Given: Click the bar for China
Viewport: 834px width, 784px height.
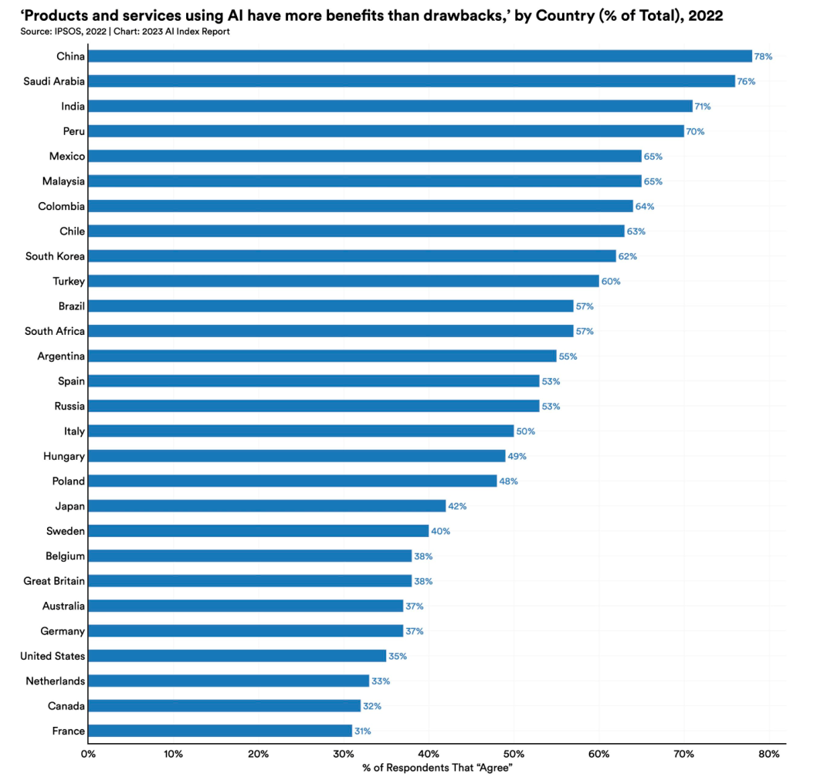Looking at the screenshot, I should click(420, 56).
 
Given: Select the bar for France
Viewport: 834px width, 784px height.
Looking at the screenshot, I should click(220, 731).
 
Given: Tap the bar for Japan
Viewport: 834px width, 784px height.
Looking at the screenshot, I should click(267, 506).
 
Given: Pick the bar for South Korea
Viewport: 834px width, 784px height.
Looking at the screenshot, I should click(352, 256).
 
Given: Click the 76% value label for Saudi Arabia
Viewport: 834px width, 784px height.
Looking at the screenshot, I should click(746, 81).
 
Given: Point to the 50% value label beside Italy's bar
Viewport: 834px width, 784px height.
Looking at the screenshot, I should click(525, 431).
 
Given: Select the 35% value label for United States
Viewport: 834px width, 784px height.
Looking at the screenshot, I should click(398, 656).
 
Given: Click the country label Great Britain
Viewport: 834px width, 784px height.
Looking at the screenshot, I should click(54, 581).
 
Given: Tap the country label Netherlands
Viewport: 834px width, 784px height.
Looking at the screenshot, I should click(55, 681).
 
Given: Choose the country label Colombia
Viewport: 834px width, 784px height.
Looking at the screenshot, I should click(61, 206).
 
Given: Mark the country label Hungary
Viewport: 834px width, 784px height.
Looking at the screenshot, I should click(64, 456).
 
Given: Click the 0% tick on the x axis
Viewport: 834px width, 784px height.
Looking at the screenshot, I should click(88, 753).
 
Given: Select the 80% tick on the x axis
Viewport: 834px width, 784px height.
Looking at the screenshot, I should click(769, 753).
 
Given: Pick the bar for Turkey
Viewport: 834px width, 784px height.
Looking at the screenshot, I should click(344, 281).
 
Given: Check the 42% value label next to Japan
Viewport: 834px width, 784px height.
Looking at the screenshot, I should click(457, 506).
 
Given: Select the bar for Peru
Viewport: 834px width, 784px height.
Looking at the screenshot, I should click(386, 131).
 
